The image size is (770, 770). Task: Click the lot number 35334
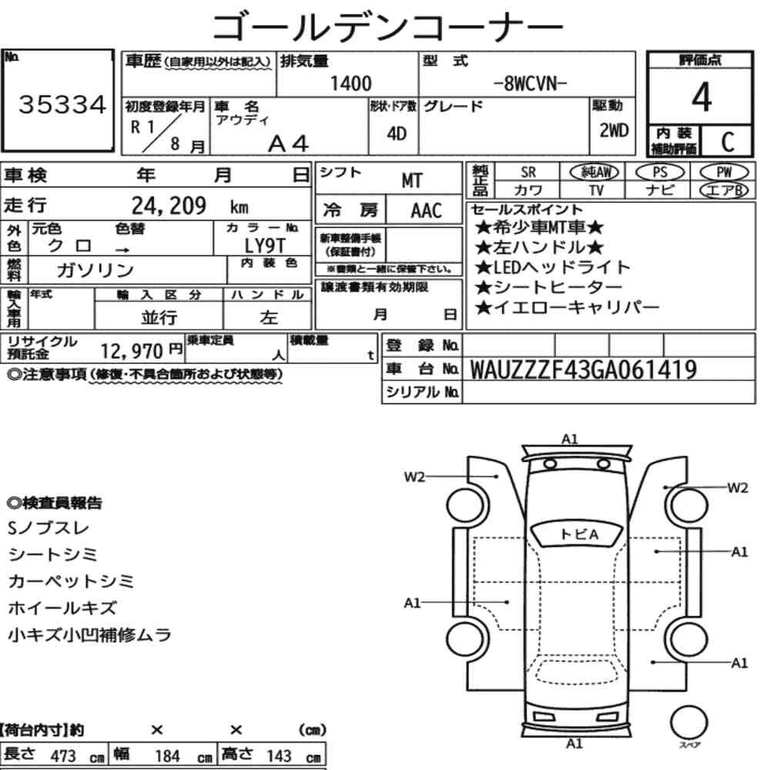[62, 105]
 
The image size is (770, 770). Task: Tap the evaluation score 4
[701, 97]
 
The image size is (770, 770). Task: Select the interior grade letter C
[728, 142]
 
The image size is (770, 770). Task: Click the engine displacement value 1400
[350, 83]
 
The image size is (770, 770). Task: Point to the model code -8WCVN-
[530, 84]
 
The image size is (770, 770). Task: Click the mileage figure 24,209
[169, 206]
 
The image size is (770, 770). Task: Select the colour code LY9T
[265, 245]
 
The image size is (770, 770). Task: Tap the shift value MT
[411, 181]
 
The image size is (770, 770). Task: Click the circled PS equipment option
[660, 172]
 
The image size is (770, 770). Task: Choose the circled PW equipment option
[724, 172]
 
